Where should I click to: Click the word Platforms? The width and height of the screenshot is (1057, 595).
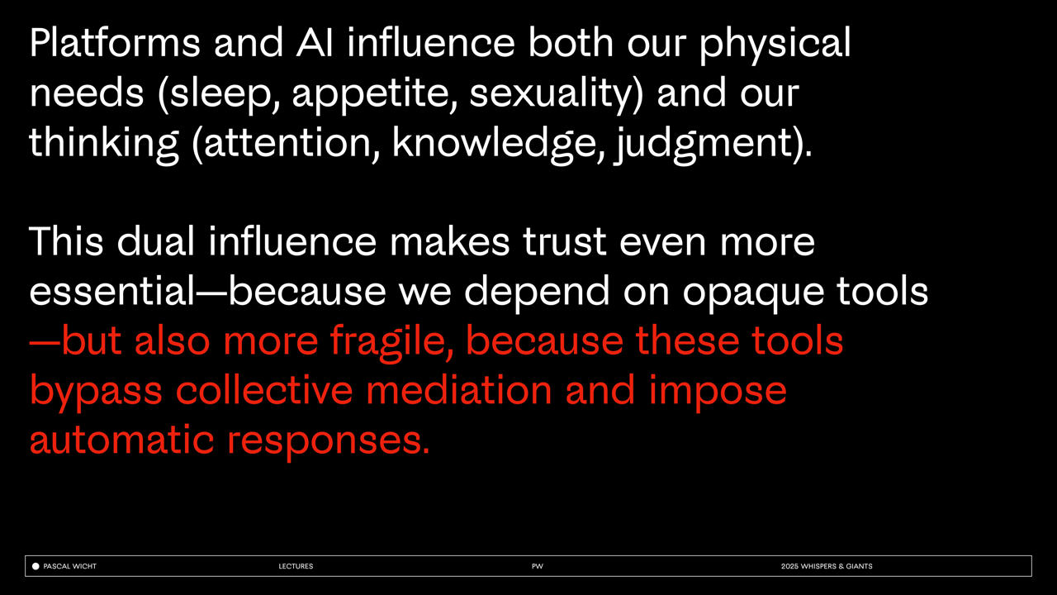[x=115, y=44]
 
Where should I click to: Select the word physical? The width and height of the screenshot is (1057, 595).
[x=775, y=45]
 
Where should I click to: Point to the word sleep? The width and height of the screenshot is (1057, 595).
[x=220, y=93]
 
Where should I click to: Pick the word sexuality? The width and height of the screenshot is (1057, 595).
[x=551, y=93]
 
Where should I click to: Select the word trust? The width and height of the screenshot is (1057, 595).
[x=564, y=242]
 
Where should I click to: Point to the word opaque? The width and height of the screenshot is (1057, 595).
[x=753, y=293]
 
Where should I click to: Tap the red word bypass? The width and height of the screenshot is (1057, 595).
[x=97, y=392]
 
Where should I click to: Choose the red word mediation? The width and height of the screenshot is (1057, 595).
[x=458, y=390]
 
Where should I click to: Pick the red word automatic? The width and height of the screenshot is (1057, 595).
[x=121, y=440]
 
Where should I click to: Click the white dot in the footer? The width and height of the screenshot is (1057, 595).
[x=36, y=566]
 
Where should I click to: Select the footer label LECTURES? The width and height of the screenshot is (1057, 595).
[x=296, y=566]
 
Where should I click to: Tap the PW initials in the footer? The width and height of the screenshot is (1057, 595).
[x=537, y=566]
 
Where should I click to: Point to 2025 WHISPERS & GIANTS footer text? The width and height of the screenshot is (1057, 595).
[x=827, y=566]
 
